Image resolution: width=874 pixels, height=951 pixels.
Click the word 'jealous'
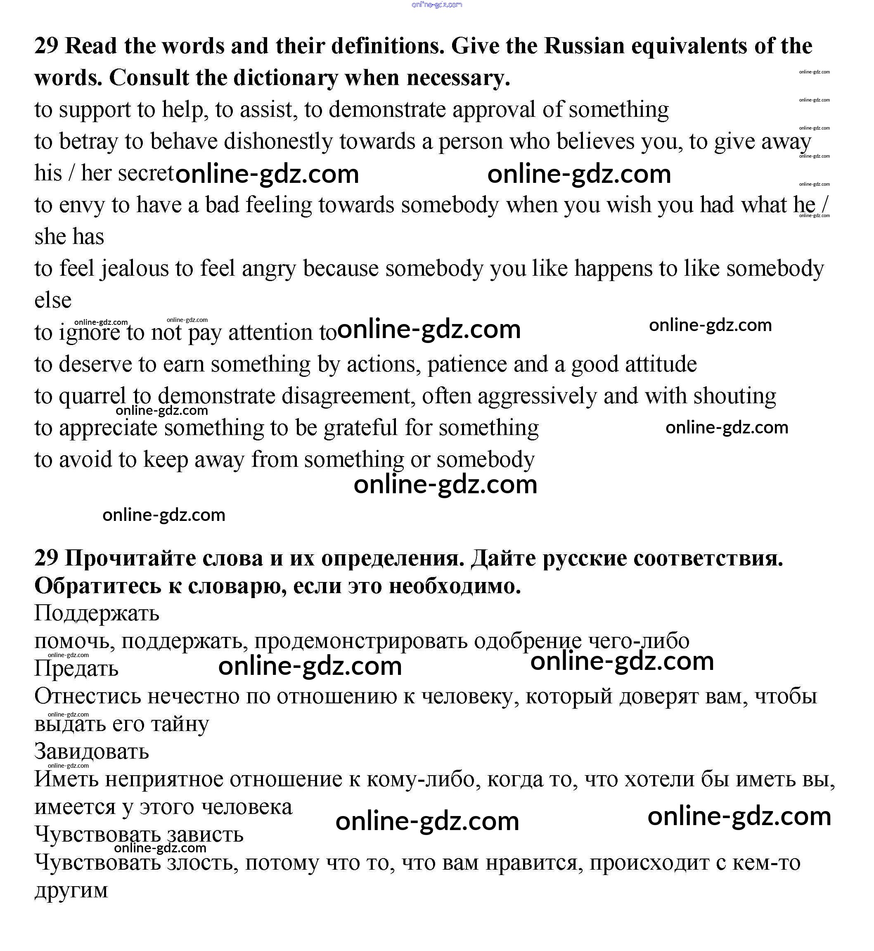click(x=134, y=269)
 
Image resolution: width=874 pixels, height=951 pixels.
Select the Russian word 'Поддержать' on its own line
click(x=97, y=613)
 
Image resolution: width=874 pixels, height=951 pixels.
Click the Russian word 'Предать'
click(x=76, y=669)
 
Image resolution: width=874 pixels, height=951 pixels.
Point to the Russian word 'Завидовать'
click(x=92, y=751)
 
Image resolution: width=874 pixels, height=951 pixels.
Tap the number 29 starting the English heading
click(x=46, y=46)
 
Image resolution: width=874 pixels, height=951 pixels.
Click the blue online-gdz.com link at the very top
click(x=436, y=5)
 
